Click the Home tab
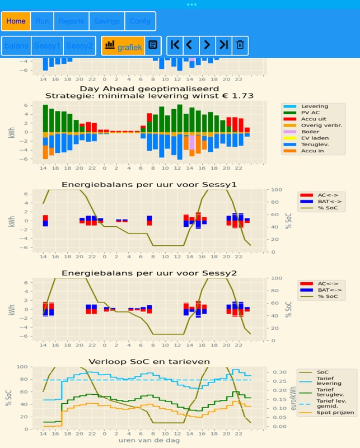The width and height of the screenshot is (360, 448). point(16,21)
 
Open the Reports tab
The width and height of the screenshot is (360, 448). point(71,21)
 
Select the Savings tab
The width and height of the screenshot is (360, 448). point(106,21)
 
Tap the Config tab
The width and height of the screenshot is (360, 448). point(140,21)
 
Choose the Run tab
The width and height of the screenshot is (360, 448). point(42,21)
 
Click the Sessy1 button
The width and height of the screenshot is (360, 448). point(47,45)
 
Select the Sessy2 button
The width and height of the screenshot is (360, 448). point(79,45)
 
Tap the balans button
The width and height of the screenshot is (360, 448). point(16,45)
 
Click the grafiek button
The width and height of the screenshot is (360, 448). point(123,45)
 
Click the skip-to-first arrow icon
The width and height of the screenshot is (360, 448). point(175,45)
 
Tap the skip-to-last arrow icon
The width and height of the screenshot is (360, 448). point(223,45)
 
